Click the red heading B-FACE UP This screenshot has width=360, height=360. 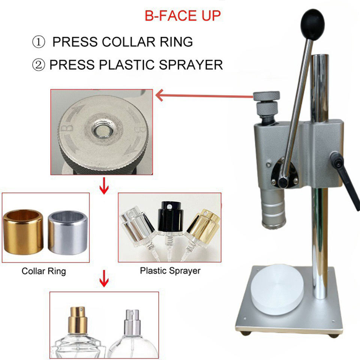183,16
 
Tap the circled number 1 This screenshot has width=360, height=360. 39,42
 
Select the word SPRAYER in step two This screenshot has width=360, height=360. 190,65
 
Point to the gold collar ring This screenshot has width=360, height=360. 23,232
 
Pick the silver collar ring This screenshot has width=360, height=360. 68,233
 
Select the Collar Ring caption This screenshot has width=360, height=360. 43,271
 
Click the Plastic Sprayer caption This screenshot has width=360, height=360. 170,271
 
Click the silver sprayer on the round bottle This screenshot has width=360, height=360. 132,322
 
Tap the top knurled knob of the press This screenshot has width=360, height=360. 266,96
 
